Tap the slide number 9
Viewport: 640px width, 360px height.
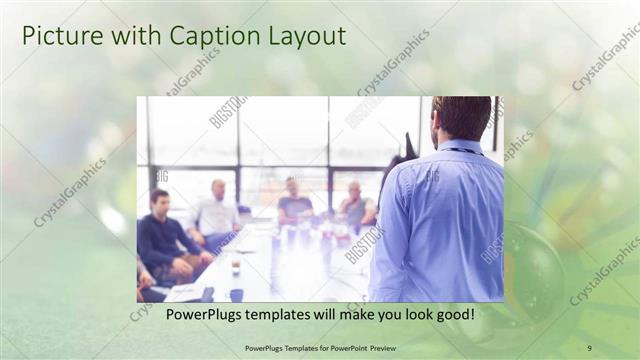(589, 348)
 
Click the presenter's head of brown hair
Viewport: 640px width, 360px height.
(462, 115)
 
